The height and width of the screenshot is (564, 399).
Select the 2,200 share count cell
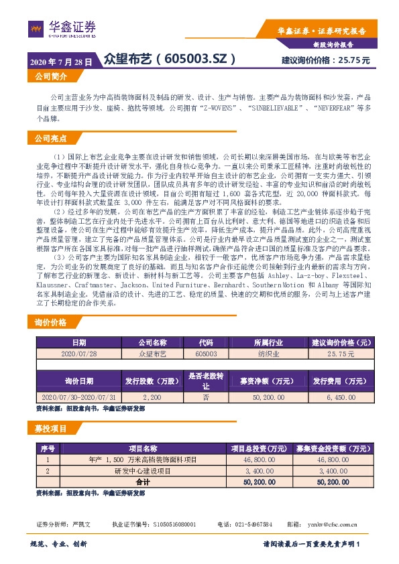[x=152, y=397]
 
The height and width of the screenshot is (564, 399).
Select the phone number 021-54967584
[x=248, y=524]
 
